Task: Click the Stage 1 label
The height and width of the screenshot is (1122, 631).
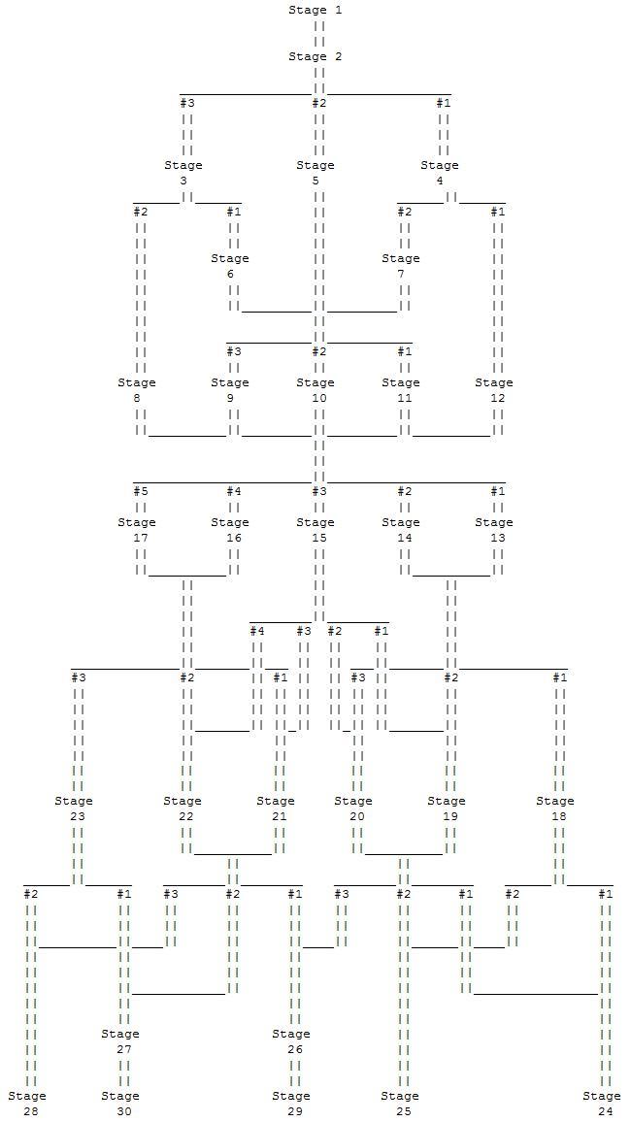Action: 315,10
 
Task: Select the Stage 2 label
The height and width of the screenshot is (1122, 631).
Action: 315,56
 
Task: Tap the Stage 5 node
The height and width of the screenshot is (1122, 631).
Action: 315,173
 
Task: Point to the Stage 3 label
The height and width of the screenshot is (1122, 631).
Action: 183,173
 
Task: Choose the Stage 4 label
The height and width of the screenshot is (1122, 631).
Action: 440,173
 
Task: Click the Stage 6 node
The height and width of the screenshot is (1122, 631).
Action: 230,266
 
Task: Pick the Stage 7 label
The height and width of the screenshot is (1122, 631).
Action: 401,266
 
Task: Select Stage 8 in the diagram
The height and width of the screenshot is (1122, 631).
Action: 137,390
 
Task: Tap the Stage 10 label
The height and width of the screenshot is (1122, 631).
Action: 315,390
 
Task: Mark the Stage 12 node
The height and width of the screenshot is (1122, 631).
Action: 494,390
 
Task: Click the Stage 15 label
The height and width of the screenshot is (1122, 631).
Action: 315,530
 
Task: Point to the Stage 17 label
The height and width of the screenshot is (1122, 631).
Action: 137,530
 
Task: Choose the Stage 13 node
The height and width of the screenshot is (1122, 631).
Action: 494,530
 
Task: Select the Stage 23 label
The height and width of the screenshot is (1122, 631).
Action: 75,808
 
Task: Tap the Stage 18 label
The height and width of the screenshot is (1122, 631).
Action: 555,808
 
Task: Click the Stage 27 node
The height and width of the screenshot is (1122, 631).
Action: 121,1041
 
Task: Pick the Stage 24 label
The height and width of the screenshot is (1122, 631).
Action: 602,1104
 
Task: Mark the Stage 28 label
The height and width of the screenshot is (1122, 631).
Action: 28,1104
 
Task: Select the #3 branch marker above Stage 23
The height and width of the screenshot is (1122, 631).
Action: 78,677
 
